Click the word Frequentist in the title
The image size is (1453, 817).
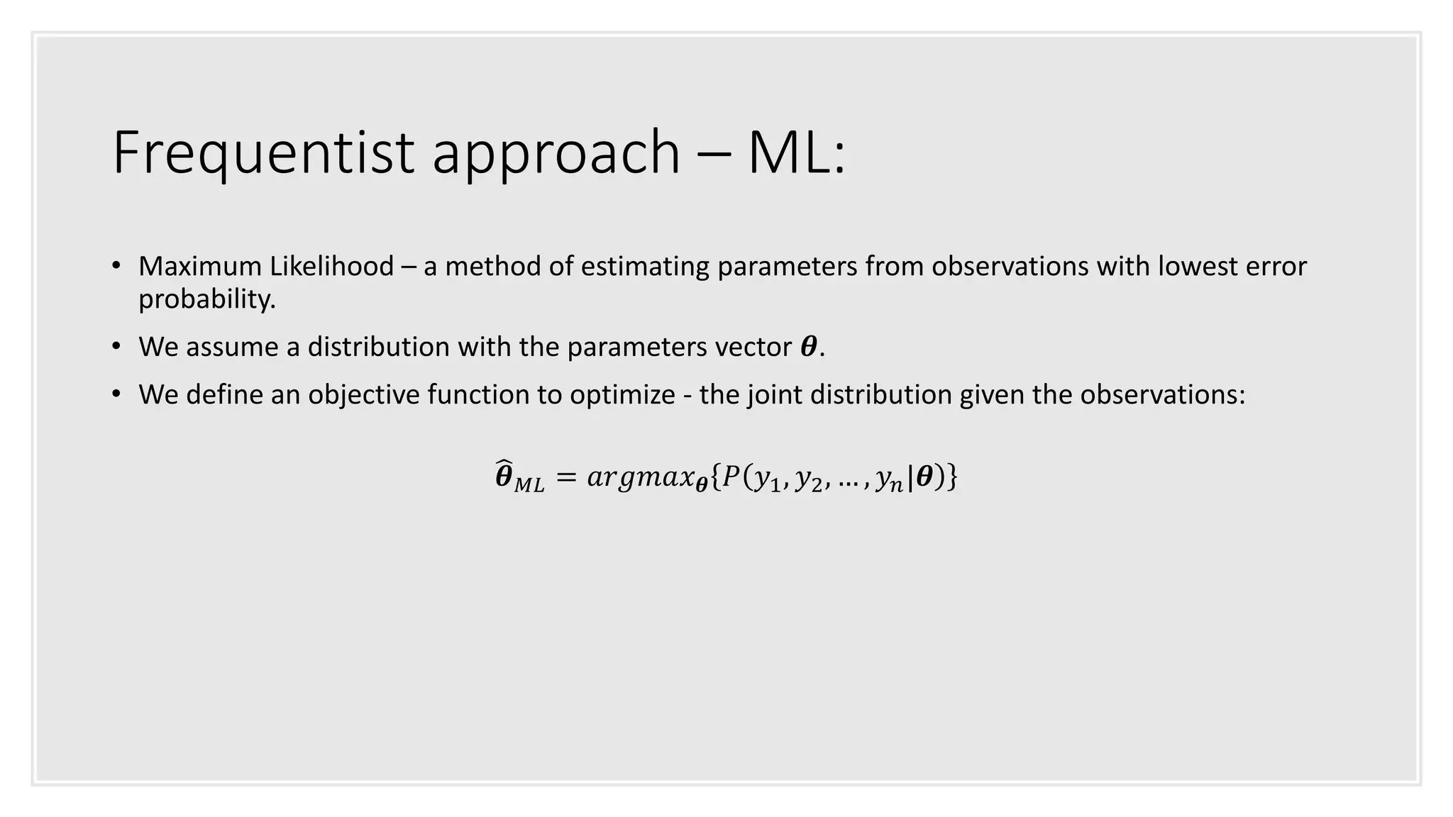point(263,152)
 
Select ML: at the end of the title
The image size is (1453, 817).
point(797,152)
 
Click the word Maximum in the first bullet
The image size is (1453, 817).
point(200,267)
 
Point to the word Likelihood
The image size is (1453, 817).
point(331,267)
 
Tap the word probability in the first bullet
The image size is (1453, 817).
point(206,300)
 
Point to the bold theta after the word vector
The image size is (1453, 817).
point(808,347)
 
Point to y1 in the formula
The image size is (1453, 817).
point(766,479)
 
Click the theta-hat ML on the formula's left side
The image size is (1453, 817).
point(519,477)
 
